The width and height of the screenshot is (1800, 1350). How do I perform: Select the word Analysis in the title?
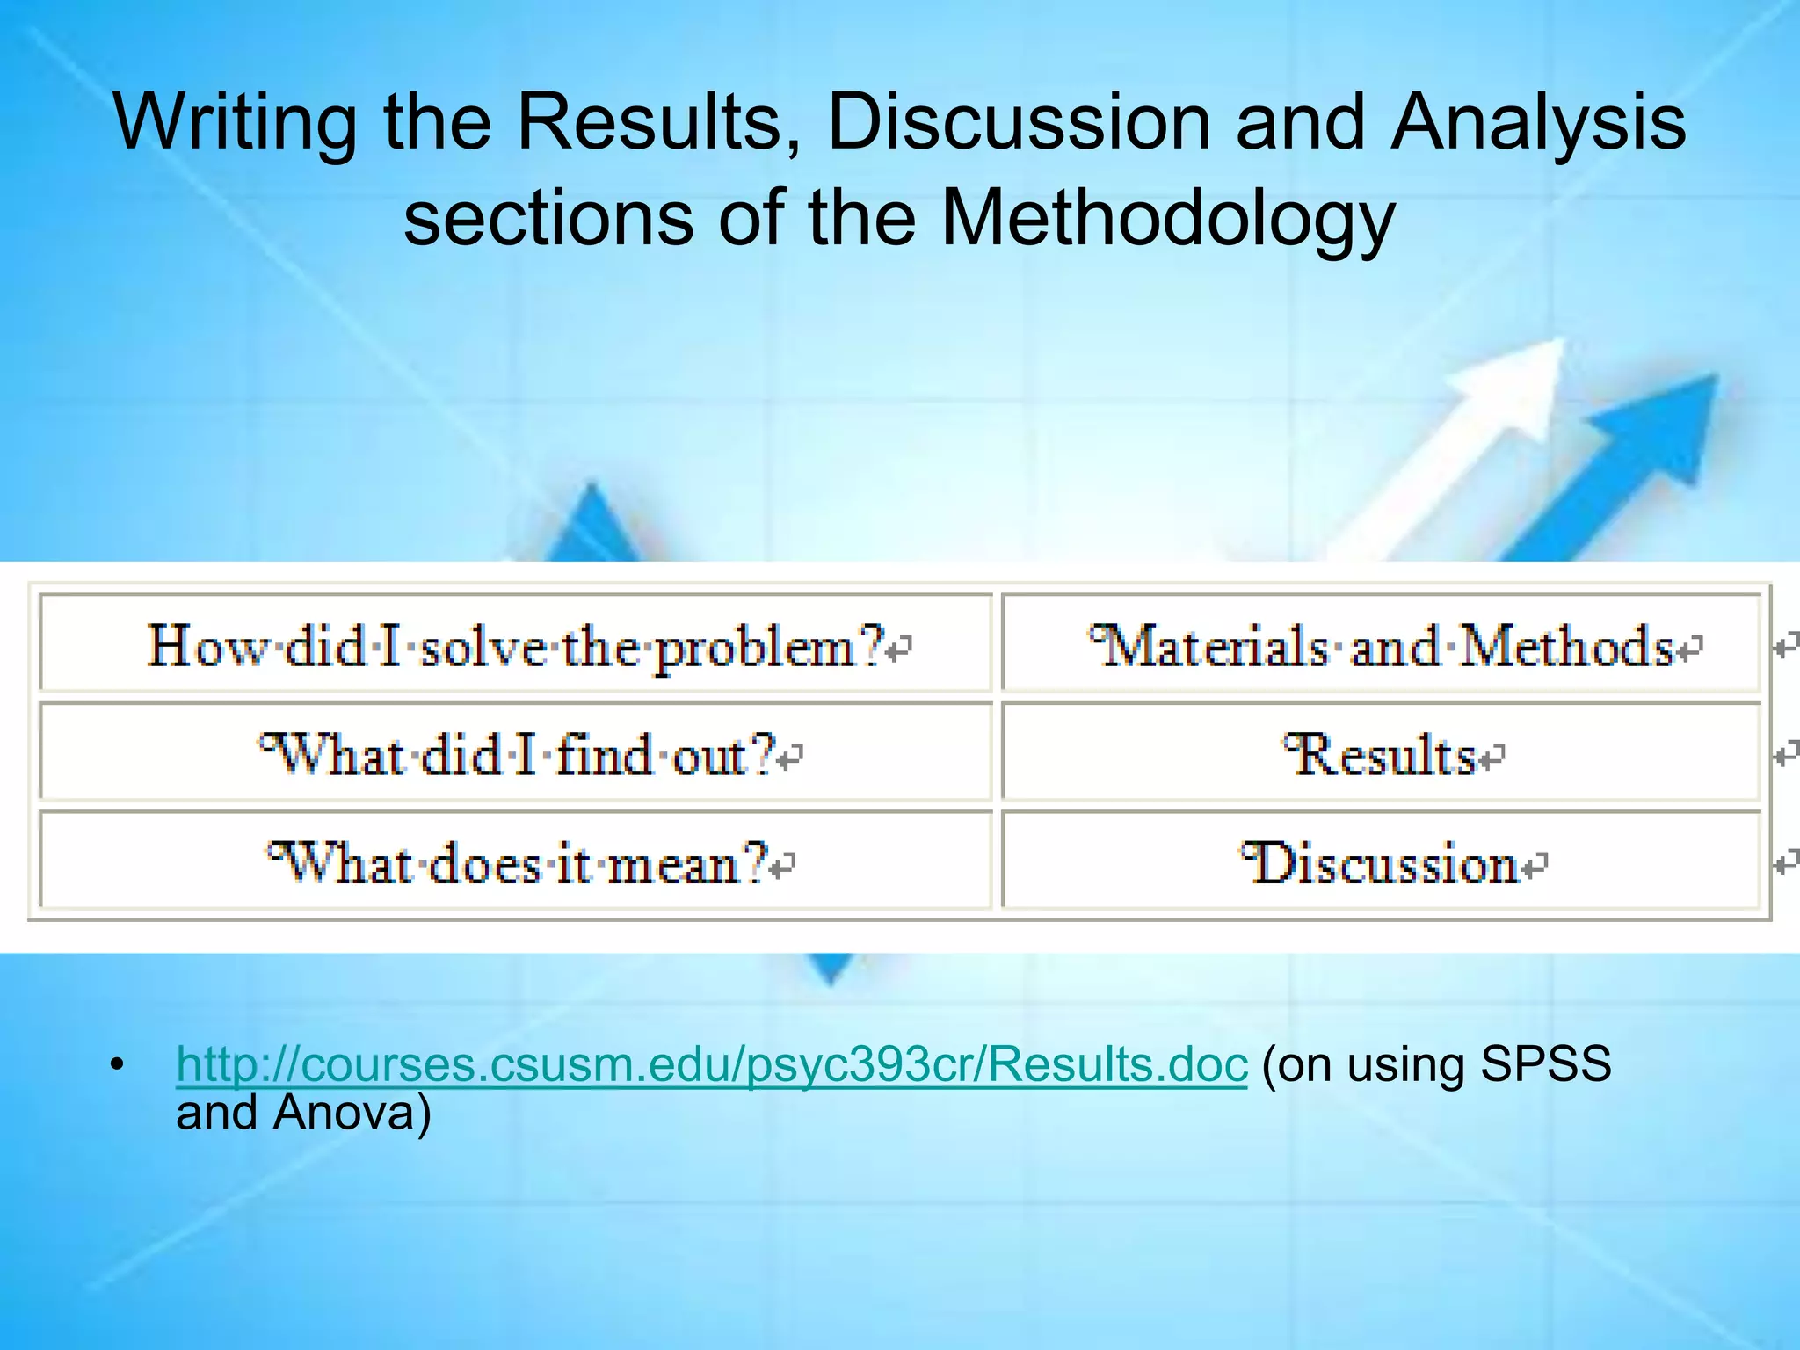pyautogui.click(x=1538, y=124)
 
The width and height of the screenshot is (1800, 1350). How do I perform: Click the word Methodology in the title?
pyautogui.click(x=1168, y=219)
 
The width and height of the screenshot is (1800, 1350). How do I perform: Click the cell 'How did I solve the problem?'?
pyautogui.click(x=516, y=645)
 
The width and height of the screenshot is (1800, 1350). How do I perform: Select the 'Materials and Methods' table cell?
pyautogui.click(x=1381, y=645)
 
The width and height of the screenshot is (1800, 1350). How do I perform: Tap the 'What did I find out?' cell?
pyautogui.click(x=516, y=754)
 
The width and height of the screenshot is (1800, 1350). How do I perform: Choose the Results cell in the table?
pyautogui.click(x=1381, y=754)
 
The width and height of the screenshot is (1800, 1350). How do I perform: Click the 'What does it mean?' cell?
pyautogui.click(x=516, y=862)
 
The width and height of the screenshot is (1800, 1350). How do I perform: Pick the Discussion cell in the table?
pyautogui.click(x=1381, y=862)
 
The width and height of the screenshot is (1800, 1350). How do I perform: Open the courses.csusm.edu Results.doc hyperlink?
pyautogui.click(x=711, y=1064)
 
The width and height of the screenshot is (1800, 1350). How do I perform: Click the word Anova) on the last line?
pyautogui.click(x=352, y=1113)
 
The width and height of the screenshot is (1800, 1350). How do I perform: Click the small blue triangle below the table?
pyautogui.click(x=830, y=967)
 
